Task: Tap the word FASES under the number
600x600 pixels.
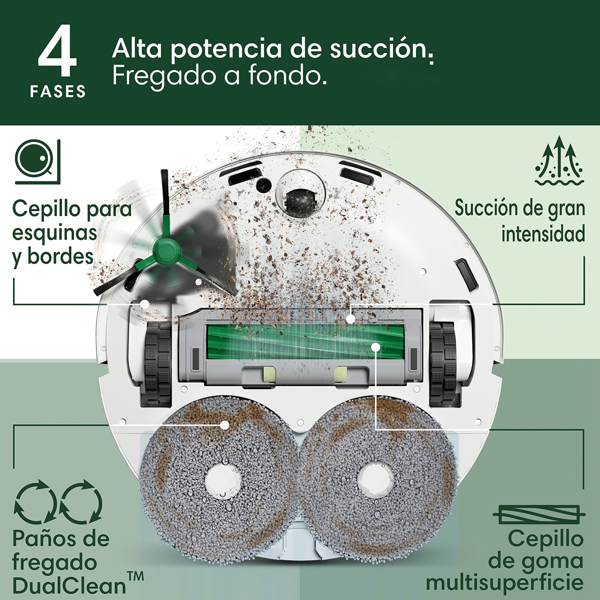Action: coord(57,91)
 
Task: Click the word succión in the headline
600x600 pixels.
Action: coord(380,49)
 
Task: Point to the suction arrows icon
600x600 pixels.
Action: coord(559,162)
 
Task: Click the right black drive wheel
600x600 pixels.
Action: coord(443,362)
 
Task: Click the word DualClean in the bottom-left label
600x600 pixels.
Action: coord(69,585)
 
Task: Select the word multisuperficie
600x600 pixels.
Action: coord(504,583)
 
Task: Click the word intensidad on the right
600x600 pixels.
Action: coord(543,233)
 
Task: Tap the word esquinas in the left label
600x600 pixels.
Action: coord(55,232)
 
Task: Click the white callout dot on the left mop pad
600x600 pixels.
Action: coord(225,425)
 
